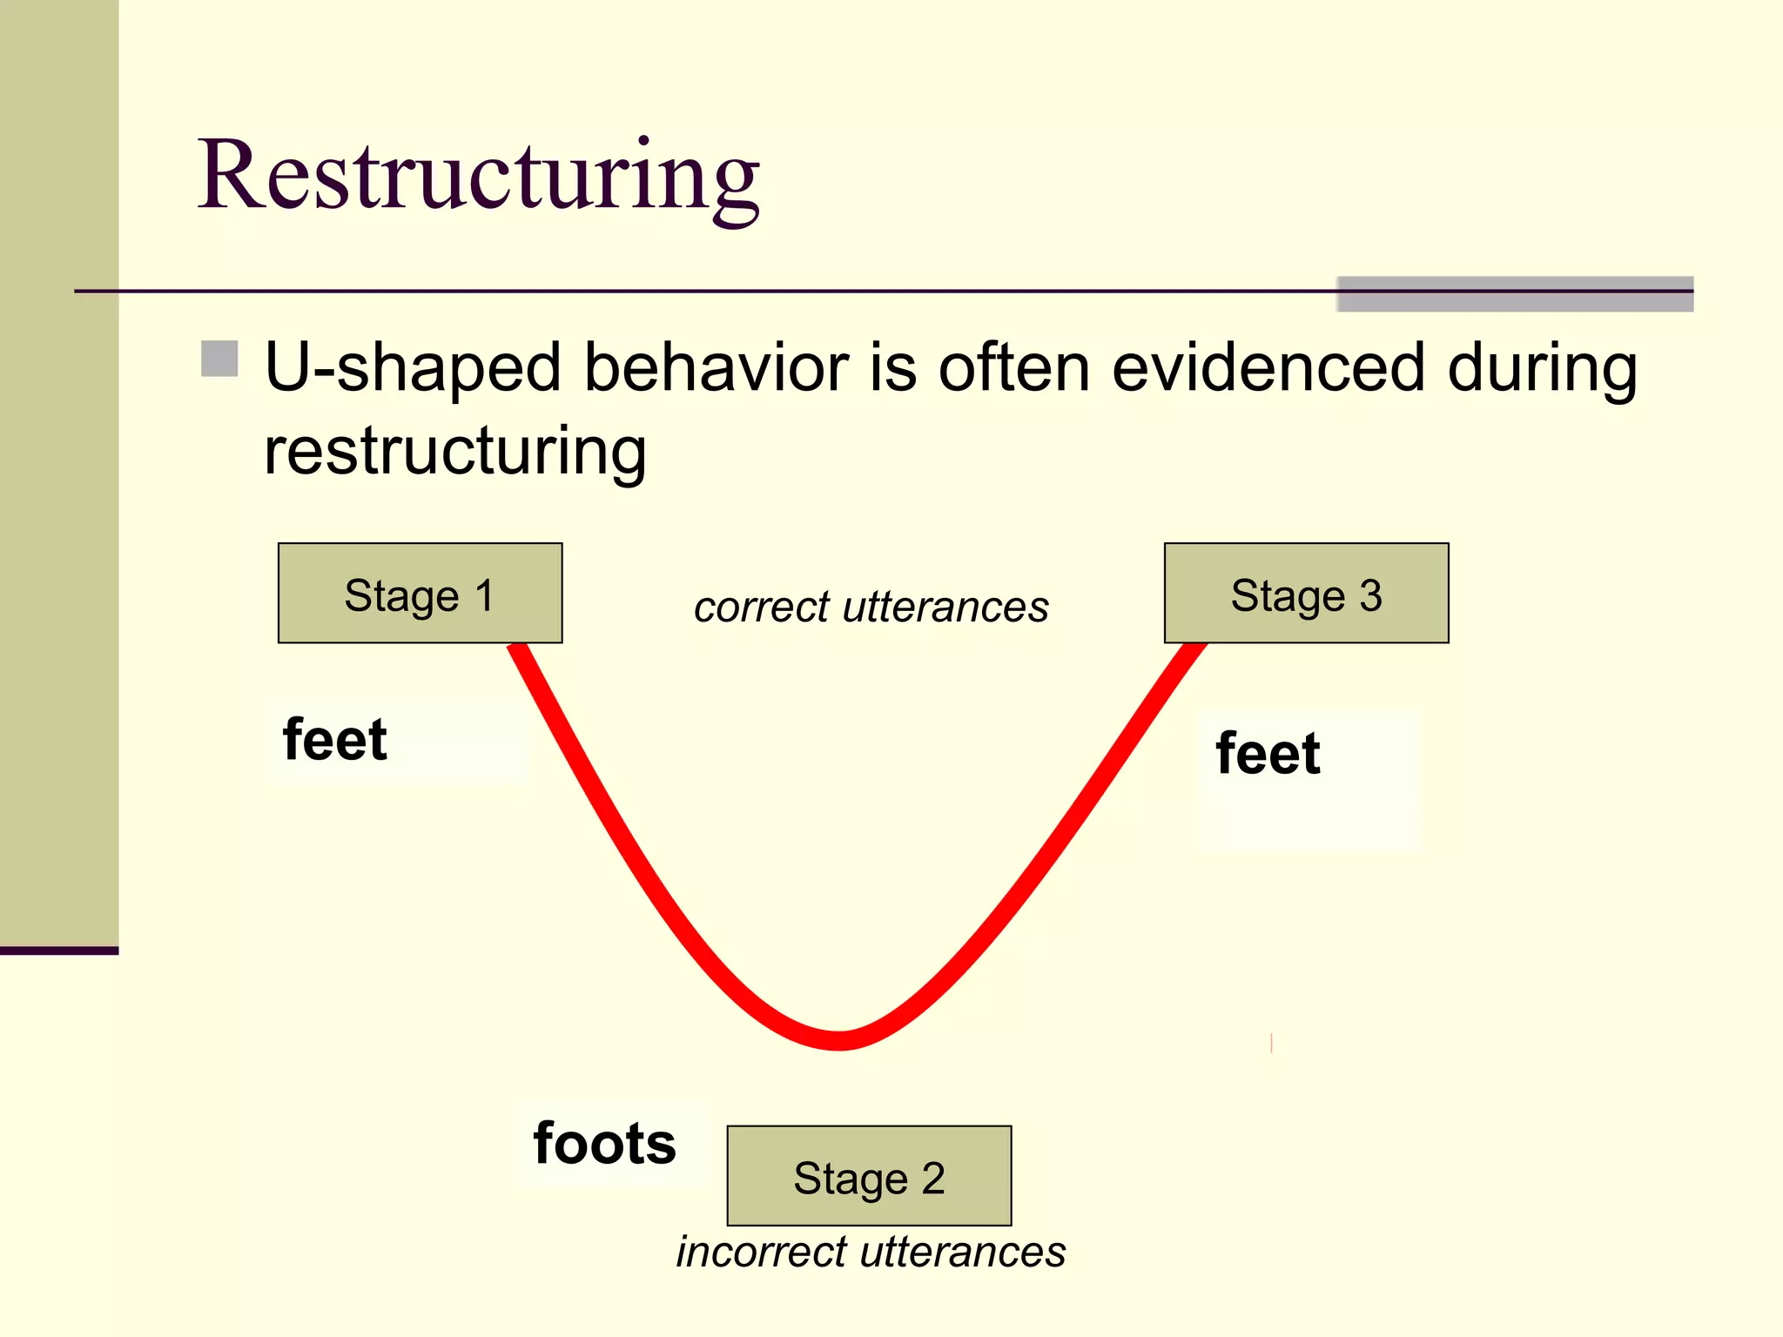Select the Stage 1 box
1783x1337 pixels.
(420, 594)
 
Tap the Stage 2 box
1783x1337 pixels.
(869, 1176)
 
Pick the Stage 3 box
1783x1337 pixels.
(1306, 594)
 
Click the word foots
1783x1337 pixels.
(604, 1144)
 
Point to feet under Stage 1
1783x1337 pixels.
(335, 741)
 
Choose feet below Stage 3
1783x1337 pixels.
(1268, 754)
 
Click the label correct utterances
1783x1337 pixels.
(871, 607)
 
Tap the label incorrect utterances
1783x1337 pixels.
(871, 1253)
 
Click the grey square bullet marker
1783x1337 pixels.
(219, 359)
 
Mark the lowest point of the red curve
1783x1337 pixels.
(838, 1040)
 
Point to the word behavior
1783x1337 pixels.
(716, 367)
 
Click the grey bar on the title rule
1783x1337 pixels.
(1515, 294)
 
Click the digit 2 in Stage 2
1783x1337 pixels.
(933, 1179)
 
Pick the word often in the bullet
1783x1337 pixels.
(1013, 367)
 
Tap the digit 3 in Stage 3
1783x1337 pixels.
(1370, 596)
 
